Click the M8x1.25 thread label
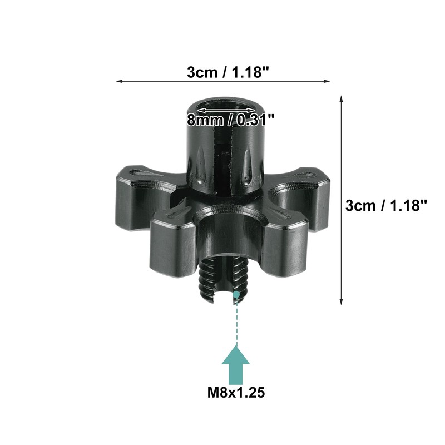click(x=236, y=393)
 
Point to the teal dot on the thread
click(x=236, y=295)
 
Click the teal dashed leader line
click(x=236, y=322)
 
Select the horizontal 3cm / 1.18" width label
click(x=228, y=72)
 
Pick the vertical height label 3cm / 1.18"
click(x=386, y=205)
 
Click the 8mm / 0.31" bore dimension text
click(x=231, y=120)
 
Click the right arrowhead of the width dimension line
click(x=327, y=81)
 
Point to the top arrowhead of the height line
click(x=341, y=100)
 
